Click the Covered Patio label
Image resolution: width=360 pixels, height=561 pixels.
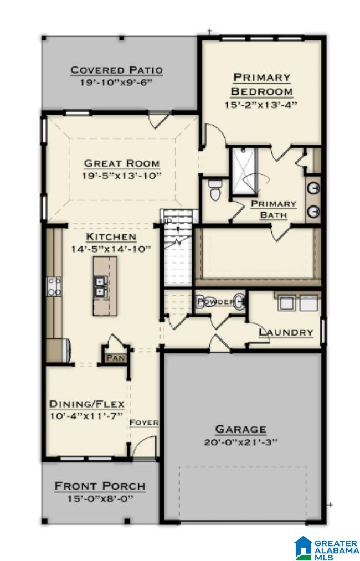(x=116, y=70)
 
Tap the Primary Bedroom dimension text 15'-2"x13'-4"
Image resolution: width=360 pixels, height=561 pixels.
(x=261, y=104)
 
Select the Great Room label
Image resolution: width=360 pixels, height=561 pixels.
(x=122, y=163)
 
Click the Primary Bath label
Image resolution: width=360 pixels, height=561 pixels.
(x=274, y=209)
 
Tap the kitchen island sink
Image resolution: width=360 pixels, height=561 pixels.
(x=101, y=286)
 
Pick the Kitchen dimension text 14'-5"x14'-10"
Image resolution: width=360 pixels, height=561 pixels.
(x=111, y=249)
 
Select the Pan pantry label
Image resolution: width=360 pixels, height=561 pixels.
(x=116, y=358)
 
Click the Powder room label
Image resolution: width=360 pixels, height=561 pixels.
(x=216, y=302)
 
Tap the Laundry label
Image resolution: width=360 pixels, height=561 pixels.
(x=286, y=332)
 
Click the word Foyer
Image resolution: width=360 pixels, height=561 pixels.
(x=144, y=423)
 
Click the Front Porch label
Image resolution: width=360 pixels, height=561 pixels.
(x=100, y=486)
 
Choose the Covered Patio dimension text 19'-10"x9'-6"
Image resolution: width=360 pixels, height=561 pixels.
(x=116, y=82)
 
